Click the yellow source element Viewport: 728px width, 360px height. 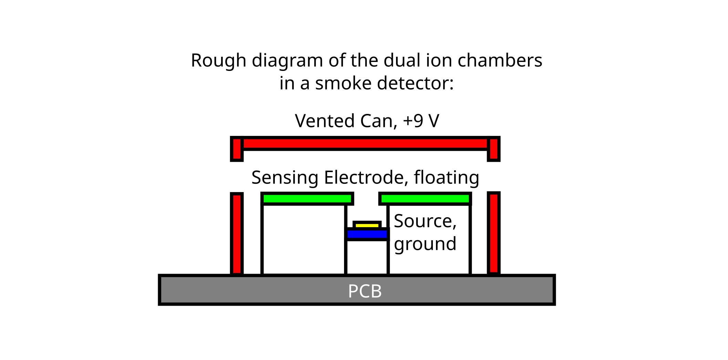click(x=367, y=225)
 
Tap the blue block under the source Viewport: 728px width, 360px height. click(x=367, y=234)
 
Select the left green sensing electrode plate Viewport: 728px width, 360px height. click(x=307, y=199)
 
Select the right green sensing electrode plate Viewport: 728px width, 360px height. click(x=425, y=199)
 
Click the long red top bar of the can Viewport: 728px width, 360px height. click(x=365, y=144)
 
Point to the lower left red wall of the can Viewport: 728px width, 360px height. click(x=237, y=234)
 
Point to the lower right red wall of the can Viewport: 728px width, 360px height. click(x=493, y=233)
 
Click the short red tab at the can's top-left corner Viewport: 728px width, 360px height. click(x=237, y=149)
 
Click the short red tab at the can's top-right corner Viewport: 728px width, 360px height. click(x=493, y=149)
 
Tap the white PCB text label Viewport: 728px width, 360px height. click(x=365, y=291)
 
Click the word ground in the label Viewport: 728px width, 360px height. click(x=425, y=244)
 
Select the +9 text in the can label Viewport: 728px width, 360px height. click(x=413, y=121)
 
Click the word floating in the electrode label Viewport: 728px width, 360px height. click(x=446, y=178)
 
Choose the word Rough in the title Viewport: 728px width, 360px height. click(x=218, y=61)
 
